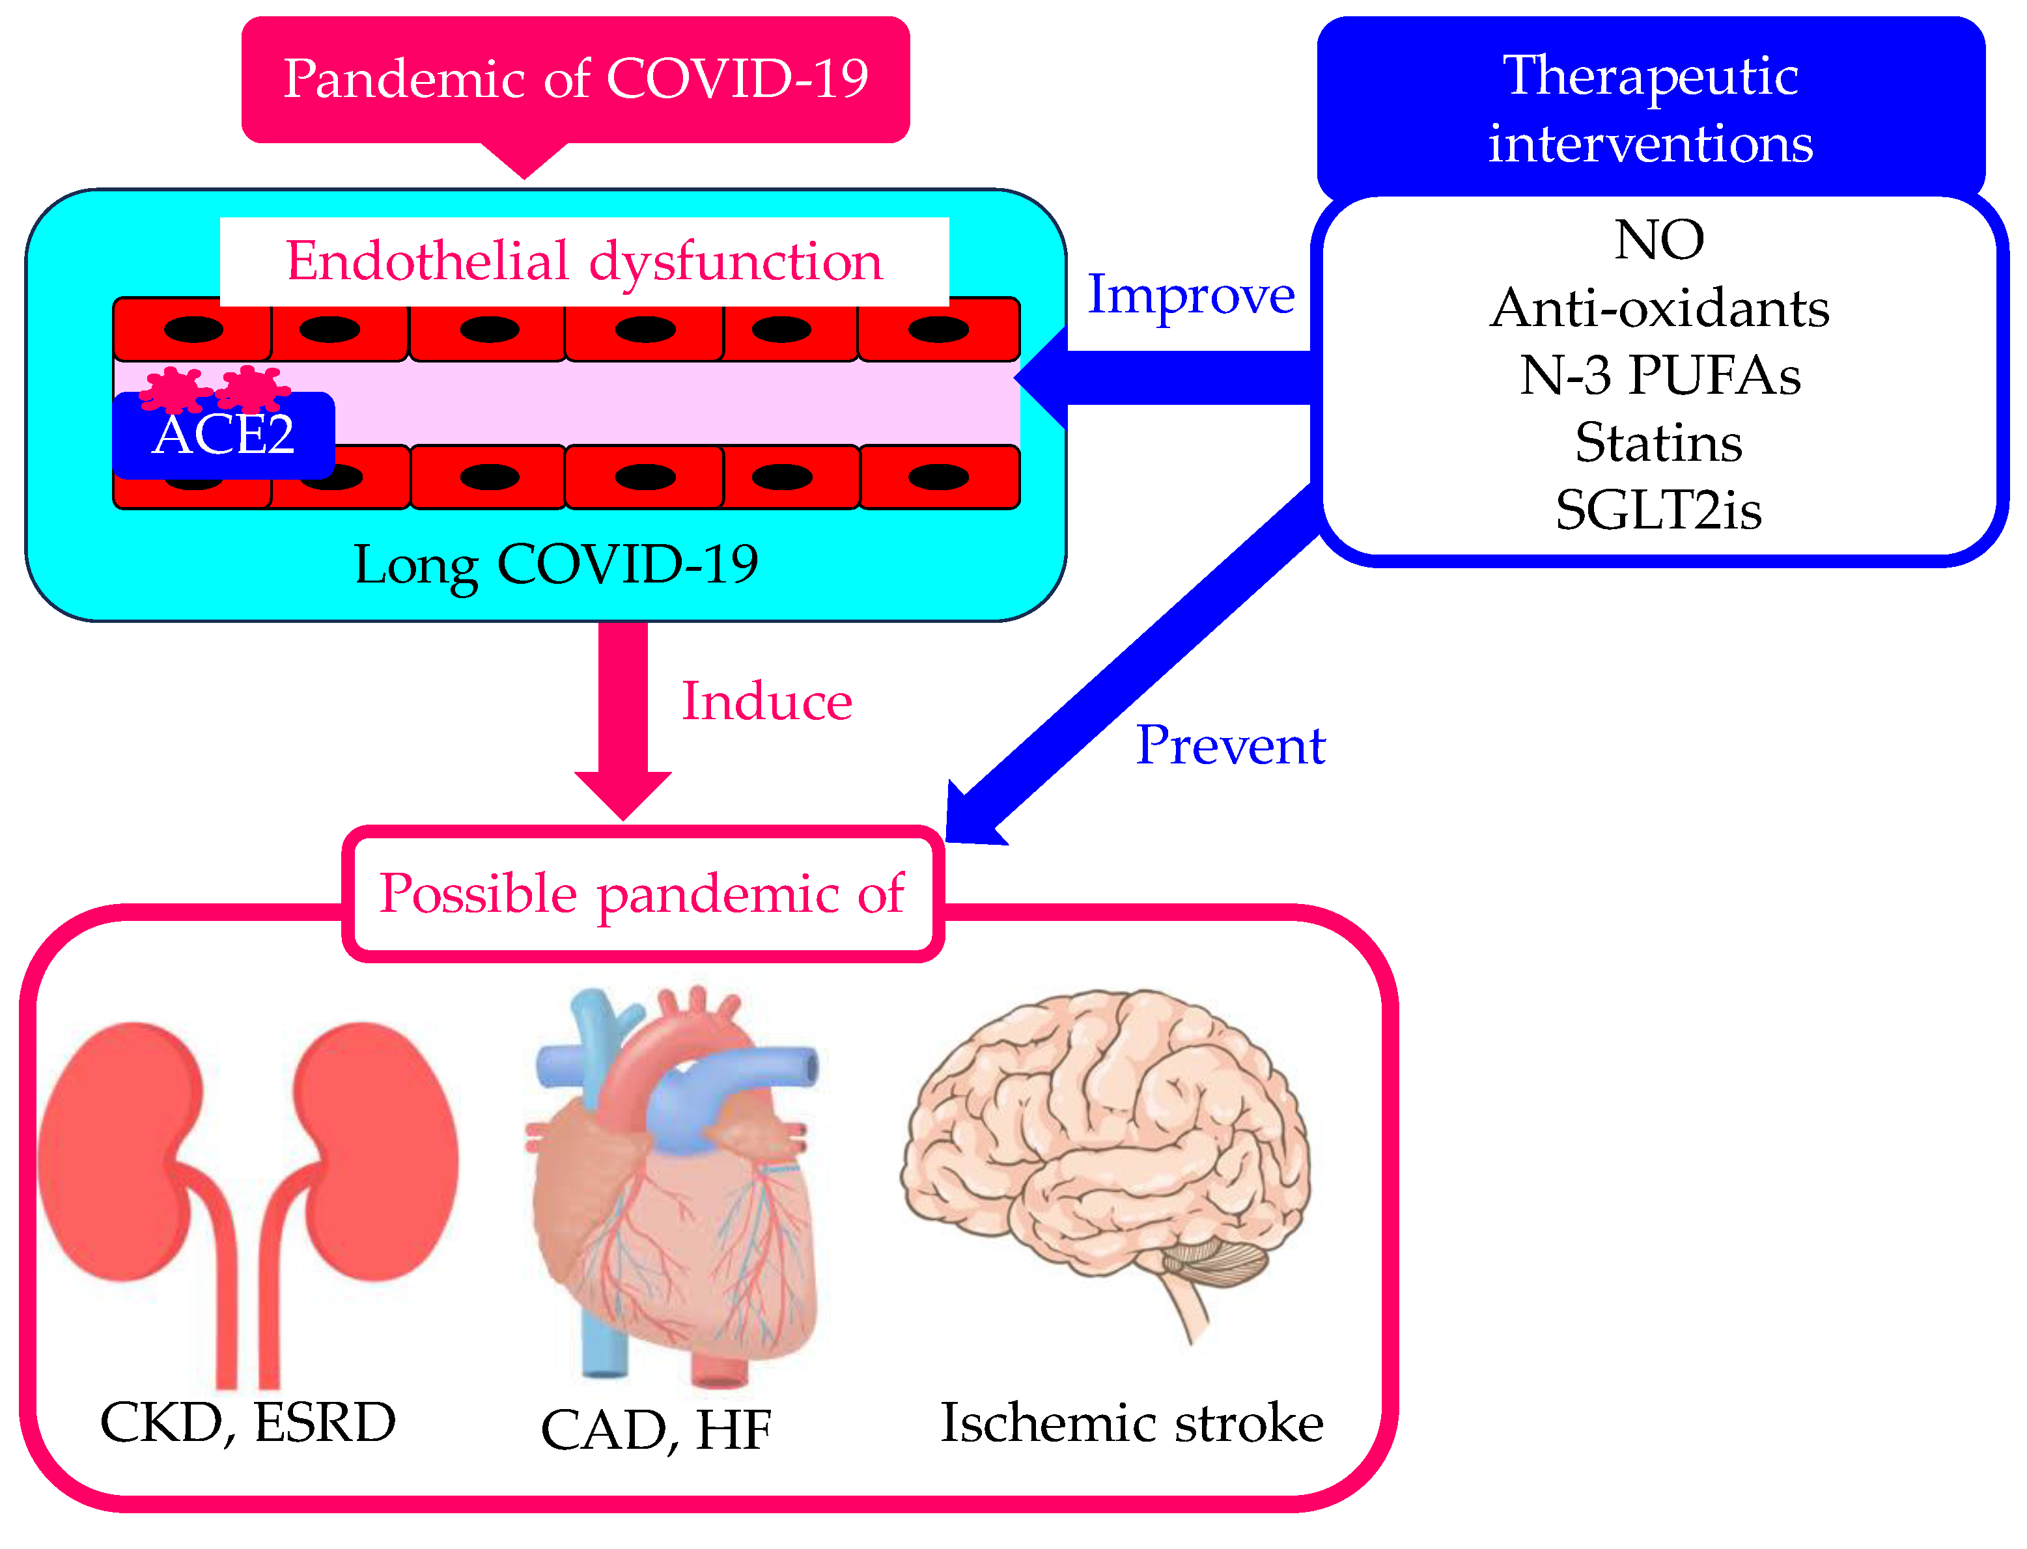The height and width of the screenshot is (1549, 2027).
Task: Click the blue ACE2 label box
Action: coord(223,435)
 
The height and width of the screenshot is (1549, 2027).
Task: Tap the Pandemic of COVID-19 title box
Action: coord(576,79)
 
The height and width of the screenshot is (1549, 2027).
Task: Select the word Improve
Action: coord(1190,295)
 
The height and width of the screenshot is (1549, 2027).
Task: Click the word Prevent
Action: coord(1230,745)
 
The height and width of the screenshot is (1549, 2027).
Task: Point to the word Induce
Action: coord(766,702)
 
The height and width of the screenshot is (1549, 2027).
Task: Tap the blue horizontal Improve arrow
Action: coord(1171,378)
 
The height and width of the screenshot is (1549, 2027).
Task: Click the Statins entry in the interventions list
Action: coord(1658,443)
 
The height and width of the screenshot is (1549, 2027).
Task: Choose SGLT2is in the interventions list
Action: coord(1658,510)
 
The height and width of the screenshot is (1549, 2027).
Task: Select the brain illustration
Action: coord(1107,1153)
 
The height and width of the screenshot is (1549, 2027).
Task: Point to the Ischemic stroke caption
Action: coord(1132,1423)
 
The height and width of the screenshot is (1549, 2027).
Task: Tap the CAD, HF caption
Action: coord(656,1430)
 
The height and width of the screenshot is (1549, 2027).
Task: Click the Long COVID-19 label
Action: coord(556,564)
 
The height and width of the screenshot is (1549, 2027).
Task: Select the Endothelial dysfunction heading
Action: coord(584,262)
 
